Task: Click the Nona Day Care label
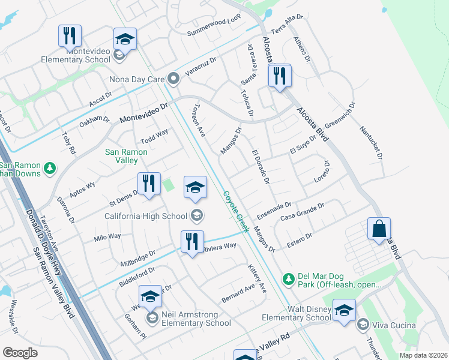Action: pos(136,79)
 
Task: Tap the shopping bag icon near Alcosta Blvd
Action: pos(379,229)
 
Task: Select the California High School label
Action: pos(146,216)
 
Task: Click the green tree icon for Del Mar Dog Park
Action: pos(289,278)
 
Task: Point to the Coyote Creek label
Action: pos(235,212)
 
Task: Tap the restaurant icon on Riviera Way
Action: pos(192,242)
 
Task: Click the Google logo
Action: pos(20,353)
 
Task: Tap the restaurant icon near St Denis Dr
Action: pos(149,185)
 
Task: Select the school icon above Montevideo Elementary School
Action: pos(125,40)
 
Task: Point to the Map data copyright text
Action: pos(423,355)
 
